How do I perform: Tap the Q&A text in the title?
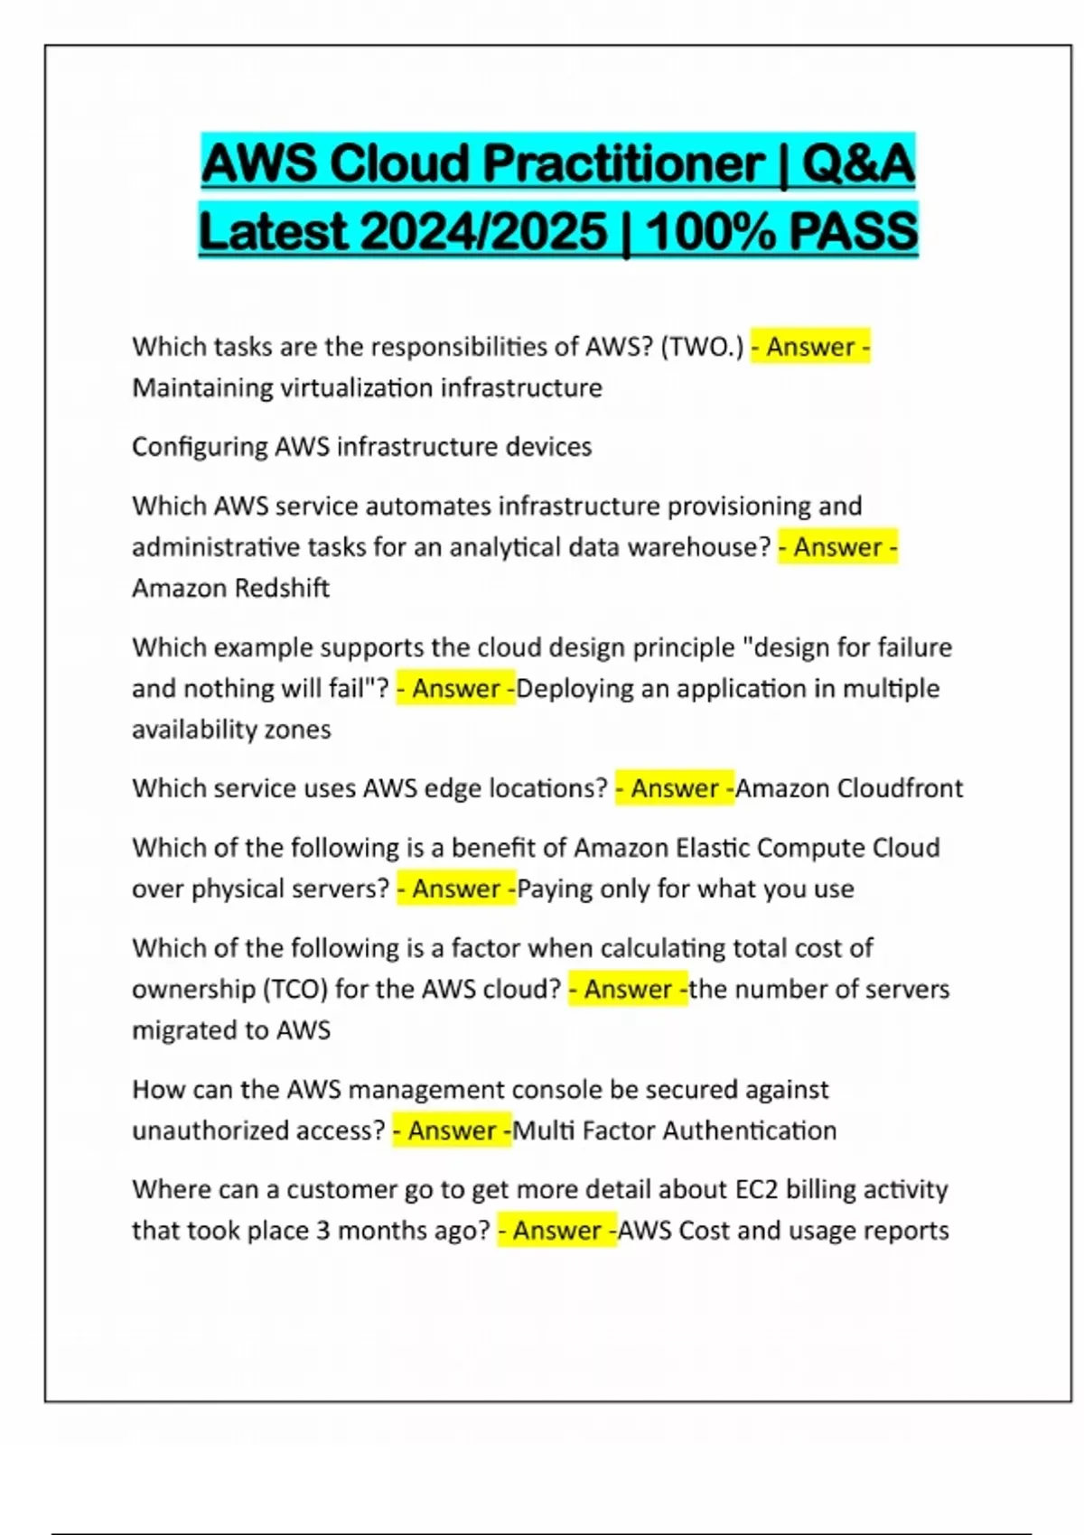click(x=857, y=163)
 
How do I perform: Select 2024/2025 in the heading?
click(x=483, y=231)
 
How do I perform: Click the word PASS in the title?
click(x=853, y=231)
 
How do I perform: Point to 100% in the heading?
click(x=708, y=231)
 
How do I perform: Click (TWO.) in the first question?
click(x=702, y=347)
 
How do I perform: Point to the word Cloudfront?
click(x=900, y=788)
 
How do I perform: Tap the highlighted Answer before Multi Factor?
click(x=452, y=1130)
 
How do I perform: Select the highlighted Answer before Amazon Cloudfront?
click(x=675, y=788)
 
